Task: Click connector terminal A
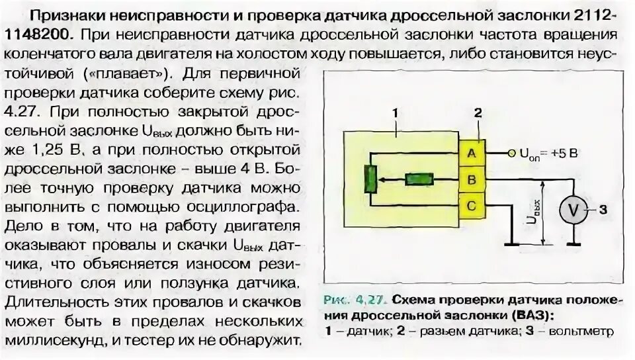click(472, 153)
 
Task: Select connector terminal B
click(472, 179)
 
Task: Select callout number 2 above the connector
click(477, 113)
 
